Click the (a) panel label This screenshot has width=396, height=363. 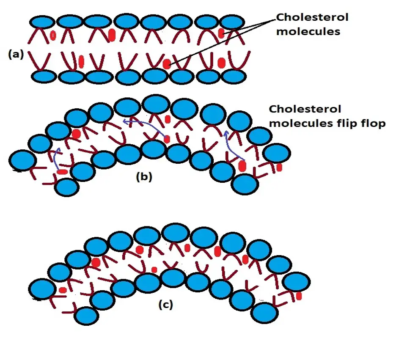16,54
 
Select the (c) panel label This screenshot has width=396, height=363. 165,304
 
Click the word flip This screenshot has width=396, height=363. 343,124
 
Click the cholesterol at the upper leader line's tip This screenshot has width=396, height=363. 221,33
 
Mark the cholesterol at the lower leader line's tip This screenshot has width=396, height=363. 167,64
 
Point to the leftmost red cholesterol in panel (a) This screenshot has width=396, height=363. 53,35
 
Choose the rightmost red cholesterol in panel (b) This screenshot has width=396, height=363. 279,168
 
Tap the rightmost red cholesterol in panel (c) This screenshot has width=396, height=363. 299,295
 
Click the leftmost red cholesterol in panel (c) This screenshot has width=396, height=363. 62,290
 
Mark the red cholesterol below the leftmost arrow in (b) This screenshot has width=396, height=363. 62,172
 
